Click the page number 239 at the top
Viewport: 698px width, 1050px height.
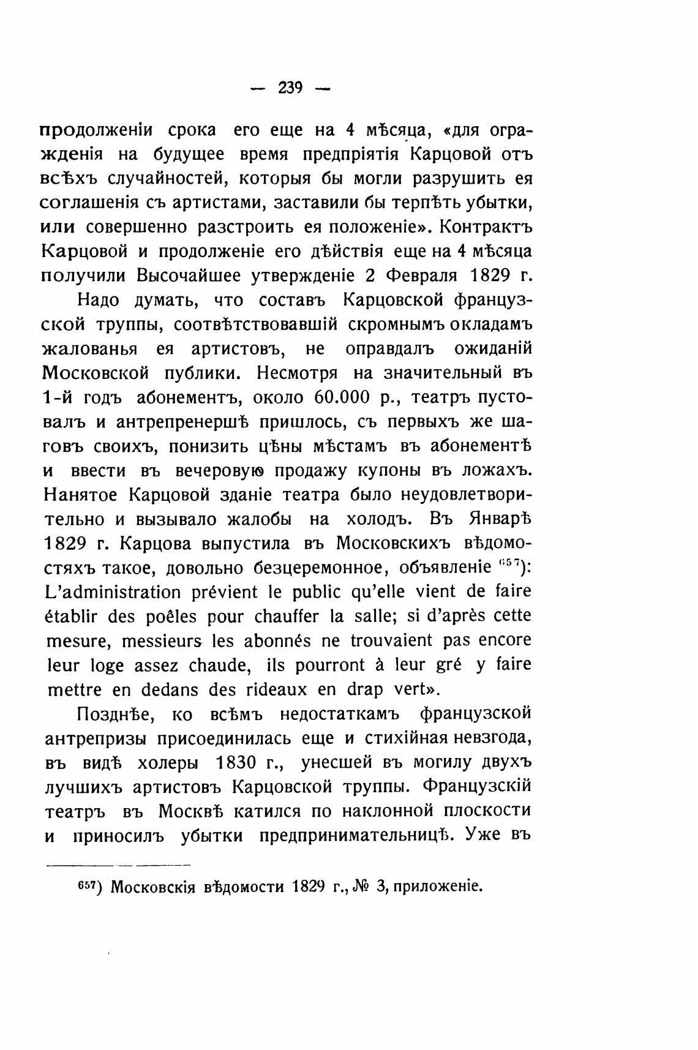coord(291,88)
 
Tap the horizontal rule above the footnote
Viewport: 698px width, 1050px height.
coord(119,865)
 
